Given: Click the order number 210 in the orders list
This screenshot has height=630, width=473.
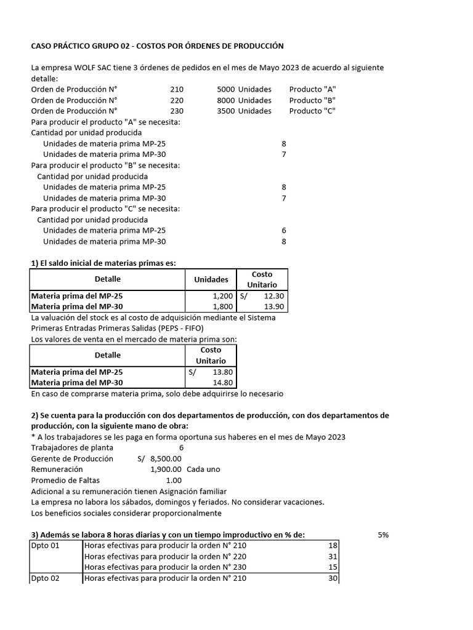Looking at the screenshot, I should point(177,89).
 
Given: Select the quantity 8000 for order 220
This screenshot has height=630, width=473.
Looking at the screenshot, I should point(226,100).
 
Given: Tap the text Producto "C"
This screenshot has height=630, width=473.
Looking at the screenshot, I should point(312,111).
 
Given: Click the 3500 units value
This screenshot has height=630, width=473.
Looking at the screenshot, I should point(226,111).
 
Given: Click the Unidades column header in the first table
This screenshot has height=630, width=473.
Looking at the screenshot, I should point(211,279).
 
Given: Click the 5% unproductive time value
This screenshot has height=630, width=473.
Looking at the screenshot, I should point(383,535).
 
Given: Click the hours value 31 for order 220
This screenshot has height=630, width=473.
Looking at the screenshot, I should point(333,556).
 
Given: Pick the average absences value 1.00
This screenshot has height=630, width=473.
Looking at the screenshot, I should point(174,480).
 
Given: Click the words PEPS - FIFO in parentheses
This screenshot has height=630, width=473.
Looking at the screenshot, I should point(167,329).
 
